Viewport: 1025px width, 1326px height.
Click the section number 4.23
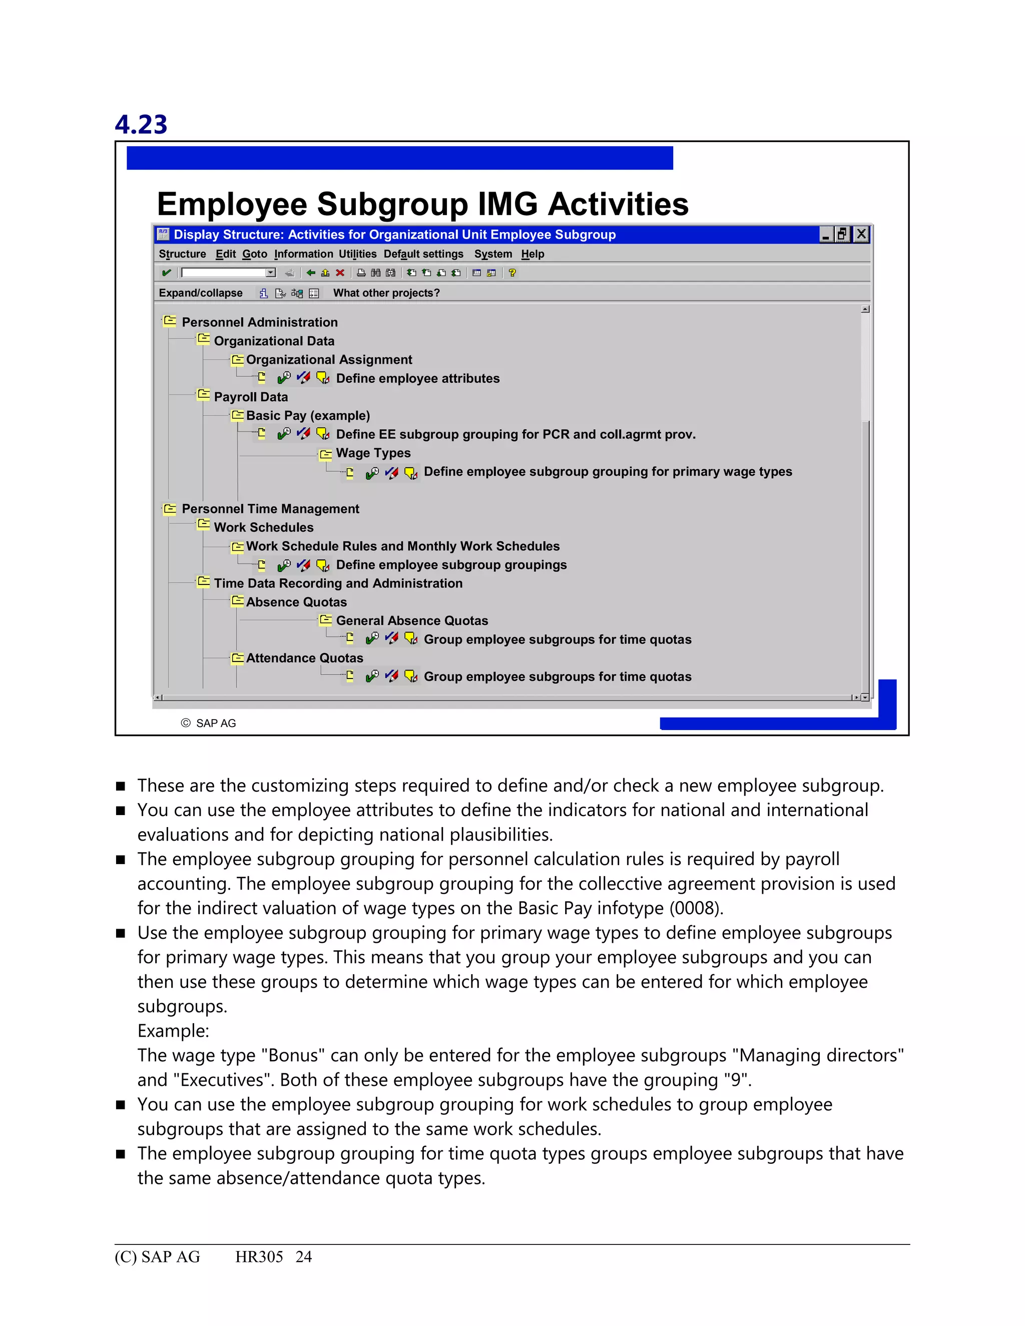pos(141,125)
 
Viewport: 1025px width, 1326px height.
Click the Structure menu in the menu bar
pos(182,254)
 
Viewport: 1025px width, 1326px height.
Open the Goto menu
pos(254,254)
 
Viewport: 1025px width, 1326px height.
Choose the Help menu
pos(533,254)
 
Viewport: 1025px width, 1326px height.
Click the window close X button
pos(861,234)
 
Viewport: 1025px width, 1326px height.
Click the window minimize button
pos(825,234)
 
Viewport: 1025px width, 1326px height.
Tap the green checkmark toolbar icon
pos(166,273)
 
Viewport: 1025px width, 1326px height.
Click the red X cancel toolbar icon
pos(340,273)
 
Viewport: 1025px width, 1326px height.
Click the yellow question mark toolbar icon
pos(512,273)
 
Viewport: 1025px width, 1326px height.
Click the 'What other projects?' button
pos(386,293)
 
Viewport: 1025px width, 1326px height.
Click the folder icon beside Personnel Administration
pos(170,321)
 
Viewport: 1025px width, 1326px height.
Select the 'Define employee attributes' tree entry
pos(418,378)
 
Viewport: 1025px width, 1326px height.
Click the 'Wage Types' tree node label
pos(373,453)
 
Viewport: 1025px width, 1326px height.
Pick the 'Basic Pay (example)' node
pos(308,415)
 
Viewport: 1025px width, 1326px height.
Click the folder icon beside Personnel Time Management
pos(170,508)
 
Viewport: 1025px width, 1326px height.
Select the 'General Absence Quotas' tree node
pos(412,620)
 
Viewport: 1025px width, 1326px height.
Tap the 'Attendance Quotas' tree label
pos(304,658)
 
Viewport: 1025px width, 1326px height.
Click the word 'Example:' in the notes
pos(173,1030)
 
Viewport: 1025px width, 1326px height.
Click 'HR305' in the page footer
pos(259,1257)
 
